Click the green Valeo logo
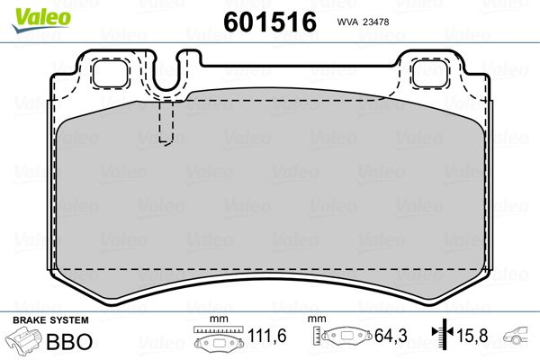[x=41, y=20]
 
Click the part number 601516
[x=270, y=22]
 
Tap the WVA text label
[x=347, y=22]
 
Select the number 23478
[x=377, y=22]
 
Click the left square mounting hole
[x=110, y=74]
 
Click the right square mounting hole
[x=430, y=74]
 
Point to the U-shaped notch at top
[x=166, y=74]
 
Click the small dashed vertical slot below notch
[x=166, y=122]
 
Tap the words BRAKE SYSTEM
[x=50, y=320]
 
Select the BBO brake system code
[x=69, y=341]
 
